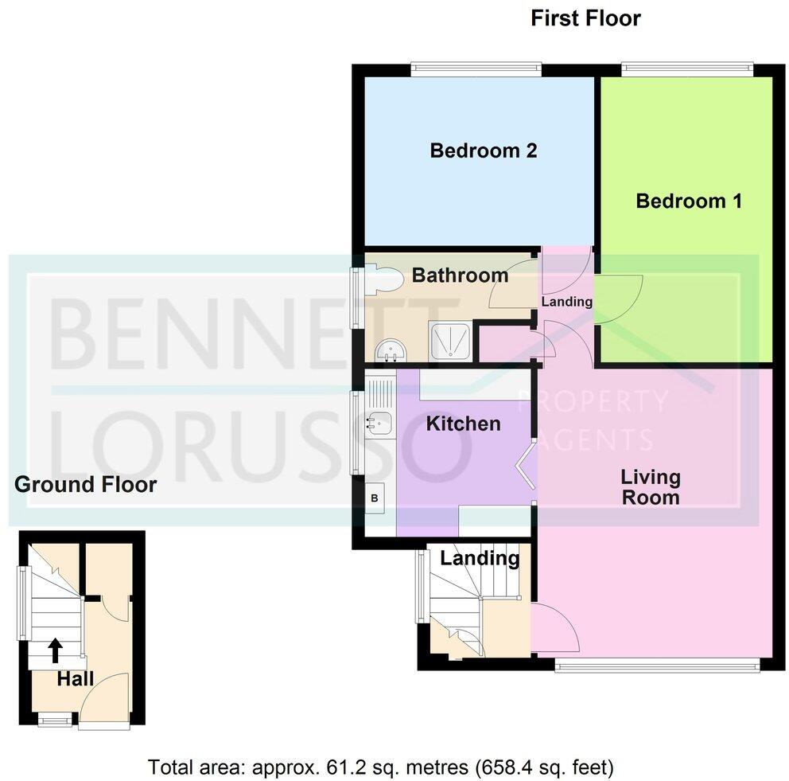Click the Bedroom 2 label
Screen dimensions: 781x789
(484, 150)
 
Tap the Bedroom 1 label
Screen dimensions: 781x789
(689, 201)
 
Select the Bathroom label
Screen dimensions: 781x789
(460, 275)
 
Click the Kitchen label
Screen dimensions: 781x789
(463, 424)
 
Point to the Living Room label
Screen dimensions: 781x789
(651, 487)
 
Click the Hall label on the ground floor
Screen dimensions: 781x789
(76, 679)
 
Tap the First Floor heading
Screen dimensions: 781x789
(585, 18)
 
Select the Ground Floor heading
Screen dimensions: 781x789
(86, 484)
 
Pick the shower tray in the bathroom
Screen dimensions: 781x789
(451, 340)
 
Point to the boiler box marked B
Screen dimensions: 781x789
(375, 499)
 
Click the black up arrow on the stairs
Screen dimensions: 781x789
(56, 650)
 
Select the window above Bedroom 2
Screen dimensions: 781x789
(476, 69)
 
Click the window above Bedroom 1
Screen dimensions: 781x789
(686, 69)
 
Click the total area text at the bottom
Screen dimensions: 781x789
(381, 767)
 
